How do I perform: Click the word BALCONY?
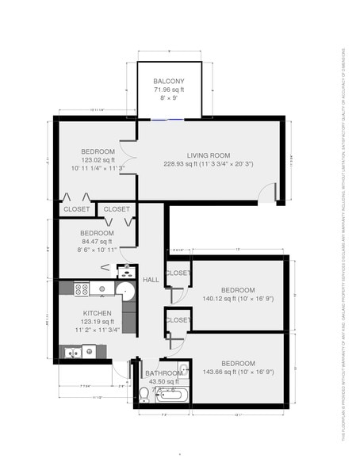(x=169, y=82)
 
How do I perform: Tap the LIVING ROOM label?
(x=208, y=155)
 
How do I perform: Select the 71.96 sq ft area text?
(x=168, y=90)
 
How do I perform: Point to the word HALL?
(x=150, y=280)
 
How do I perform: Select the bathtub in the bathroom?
(x=171, y=395)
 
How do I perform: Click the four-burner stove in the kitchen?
(x=81, y=288)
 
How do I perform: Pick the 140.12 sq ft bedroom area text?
(x=237, y=300)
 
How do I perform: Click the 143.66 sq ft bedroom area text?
(x=239, y=372)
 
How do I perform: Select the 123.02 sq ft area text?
(x=98, y=159)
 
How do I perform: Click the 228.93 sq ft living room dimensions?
(x=208, y=164)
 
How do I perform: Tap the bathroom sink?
(x=182, y=369)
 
